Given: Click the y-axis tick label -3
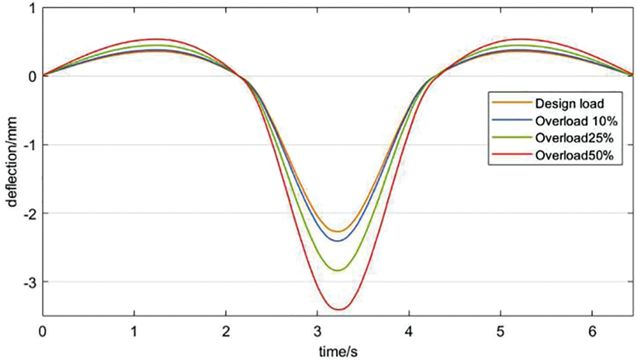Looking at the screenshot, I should (30, 282).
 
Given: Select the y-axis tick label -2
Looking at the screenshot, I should (30, 213).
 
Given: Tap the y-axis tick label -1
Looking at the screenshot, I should (30, 145).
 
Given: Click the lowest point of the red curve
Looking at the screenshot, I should (340, 310).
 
